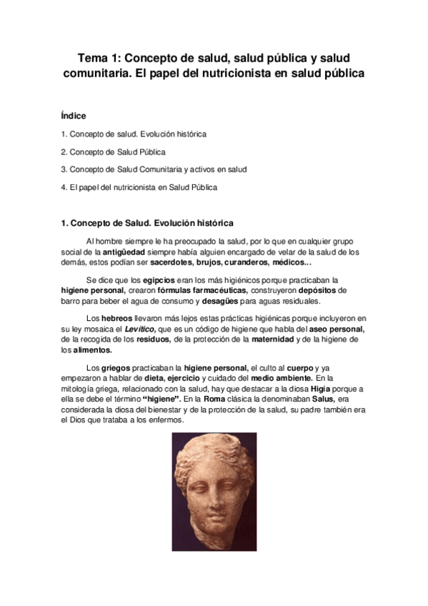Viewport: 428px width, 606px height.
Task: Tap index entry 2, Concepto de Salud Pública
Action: (x=114, y=151)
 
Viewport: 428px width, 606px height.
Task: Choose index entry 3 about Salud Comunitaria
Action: (x=154, y=169)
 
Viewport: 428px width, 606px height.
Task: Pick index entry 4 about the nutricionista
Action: (x=139, y=187)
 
